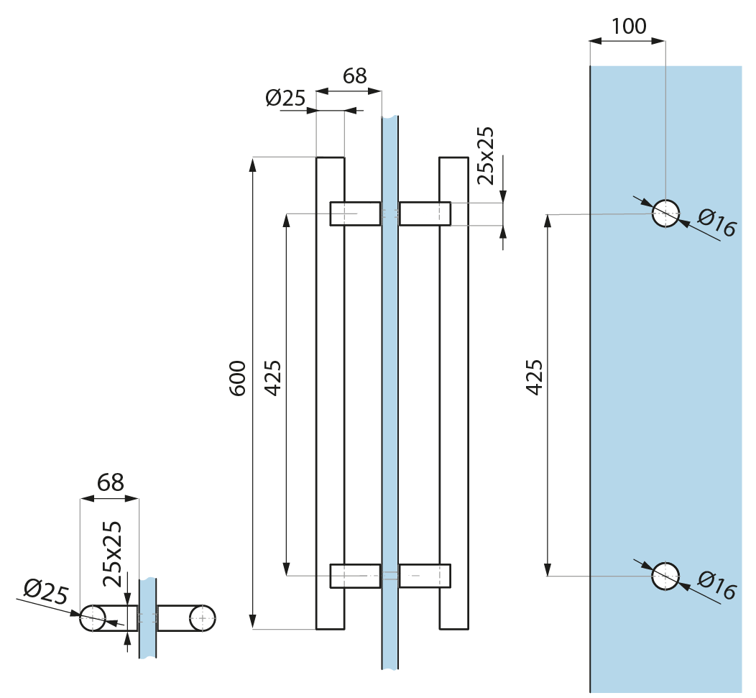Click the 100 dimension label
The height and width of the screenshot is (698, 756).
coord(629,27)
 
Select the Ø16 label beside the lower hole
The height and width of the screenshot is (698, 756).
coord(716,587)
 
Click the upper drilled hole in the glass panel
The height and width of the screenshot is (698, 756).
coord(665,213)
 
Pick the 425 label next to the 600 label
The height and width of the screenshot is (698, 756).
coord(273,378)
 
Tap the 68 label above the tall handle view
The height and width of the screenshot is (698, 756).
coord(354,76)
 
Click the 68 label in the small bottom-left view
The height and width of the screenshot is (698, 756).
coord(110,482)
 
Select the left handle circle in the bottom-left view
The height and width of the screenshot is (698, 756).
coord(93,617)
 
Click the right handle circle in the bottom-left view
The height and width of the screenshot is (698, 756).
coord(203,617)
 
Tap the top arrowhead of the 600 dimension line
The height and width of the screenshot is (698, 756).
coord(253,162)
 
